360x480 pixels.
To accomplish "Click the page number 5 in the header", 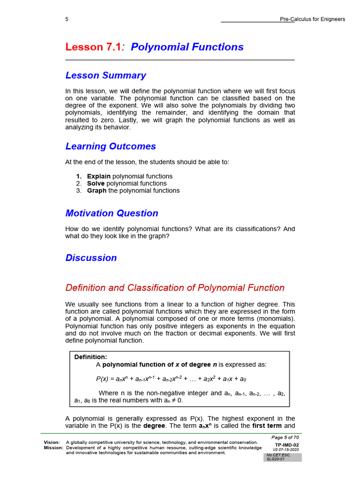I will [67, 19].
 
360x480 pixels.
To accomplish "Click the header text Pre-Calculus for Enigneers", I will [312, 19].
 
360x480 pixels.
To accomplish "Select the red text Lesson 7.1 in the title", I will [93, 47].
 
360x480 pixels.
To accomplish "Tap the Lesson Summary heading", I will [105, 75].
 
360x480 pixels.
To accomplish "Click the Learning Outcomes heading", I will [111, 146].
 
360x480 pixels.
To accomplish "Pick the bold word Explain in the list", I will [99, 176].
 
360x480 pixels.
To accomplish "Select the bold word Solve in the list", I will [96, 183].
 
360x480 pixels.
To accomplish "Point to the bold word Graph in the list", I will [97, 190].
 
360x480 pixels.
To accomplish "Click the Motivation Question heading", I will [112, 213].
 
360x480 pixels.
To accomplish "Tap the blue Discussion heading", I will [91, 258].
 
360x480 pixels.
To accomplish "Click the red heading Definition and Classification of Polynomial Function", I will [175, 288].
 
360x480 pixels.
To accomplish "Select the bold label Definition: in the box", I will [90, 357].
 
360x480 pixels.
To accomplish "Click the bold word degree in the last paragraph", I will [154, 426].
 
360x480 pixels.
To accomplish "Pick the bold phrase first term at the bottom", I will [267, 426].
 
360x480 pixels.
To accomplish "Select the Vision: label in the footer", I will [52, 442].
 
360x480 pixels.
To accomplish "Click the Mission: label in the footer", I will [53, 448].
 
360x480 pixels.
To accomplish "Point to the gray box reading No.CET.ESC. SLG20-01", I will [282, 457].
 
